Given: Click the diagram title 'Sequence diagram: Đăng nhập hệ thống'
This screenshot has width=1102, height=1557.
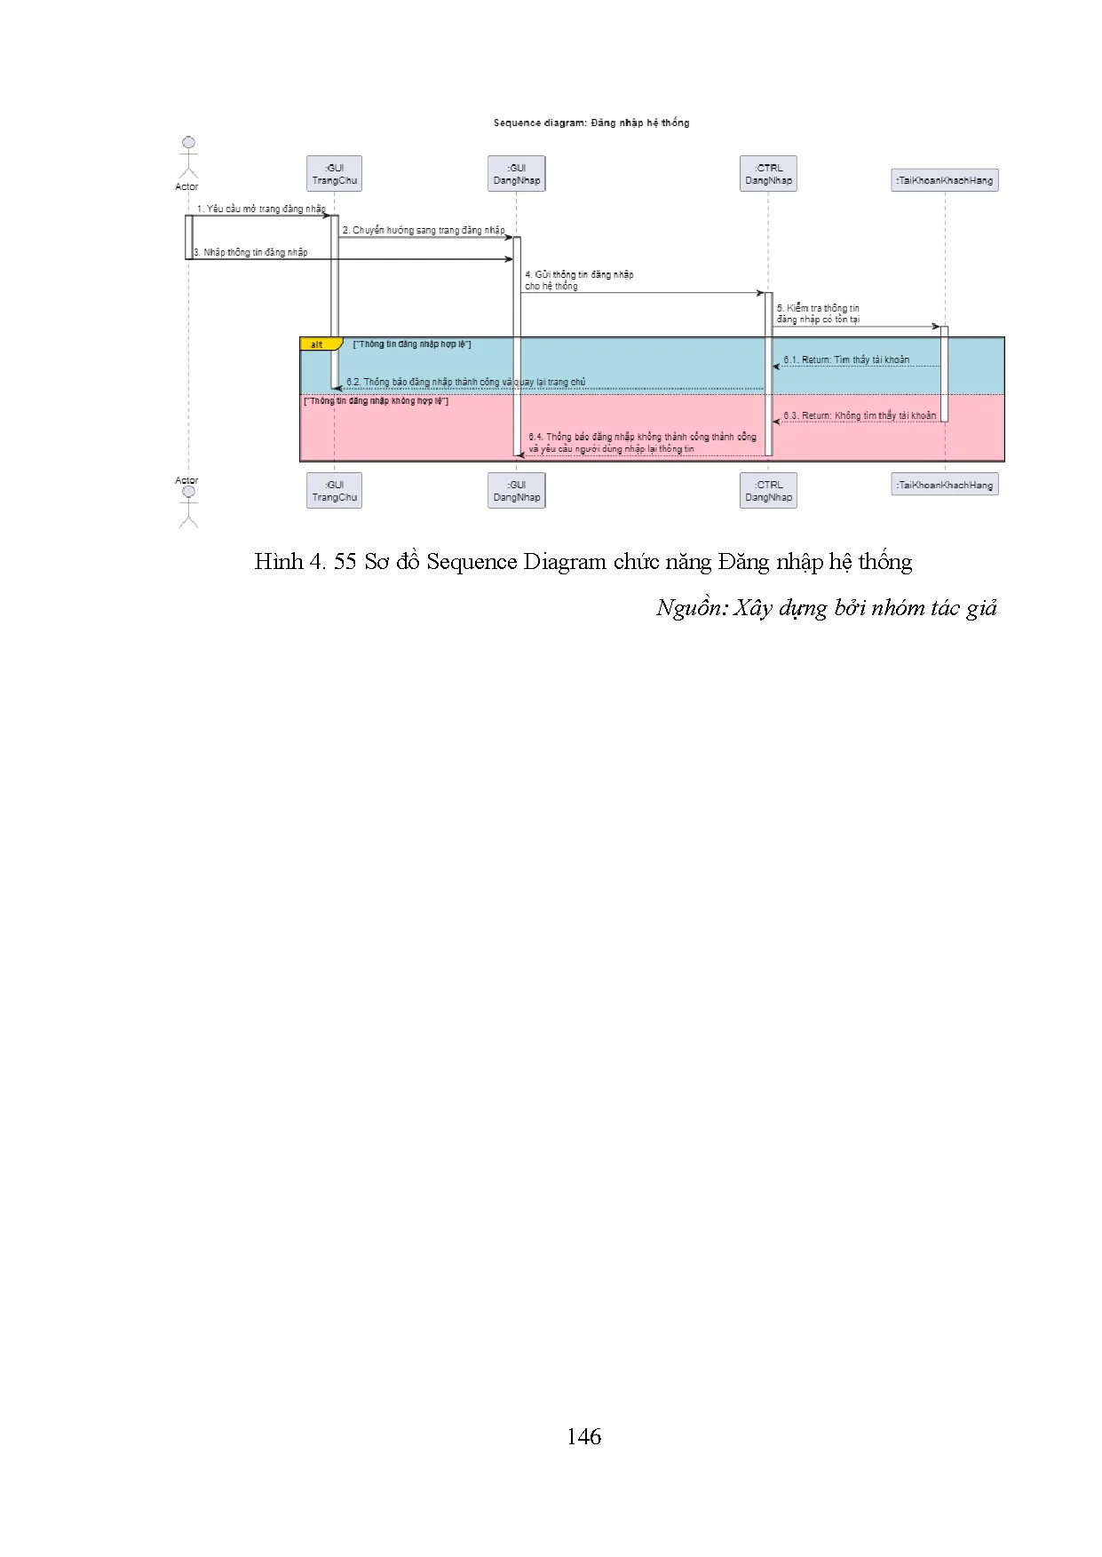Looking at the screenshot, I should (x=591, y=123).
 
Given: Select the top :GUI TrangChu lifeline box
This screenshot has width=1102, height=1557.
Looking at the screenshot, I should (x=335, y=174).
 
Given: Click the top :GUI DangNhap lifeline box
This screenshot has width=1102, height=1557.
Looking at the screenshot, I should (x=517, y=174).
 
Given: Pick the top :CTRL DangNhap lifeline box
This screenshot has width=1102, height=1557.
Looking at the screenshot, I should (x=768, y=174).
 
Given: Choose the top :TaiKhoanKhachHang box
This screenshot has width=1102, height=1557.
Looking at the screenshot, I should (x=945, y=180).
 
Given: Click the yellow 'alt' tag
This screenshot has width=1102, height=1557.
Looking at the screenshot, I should (x=318, y=344).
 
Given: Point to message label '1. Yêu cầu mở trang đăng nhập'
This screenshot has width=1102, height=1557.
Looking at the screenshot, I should (x=261, y=209).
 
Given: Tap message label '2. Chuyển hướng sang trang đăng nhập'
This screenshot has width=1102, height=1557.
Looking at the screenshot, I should (x=424, y=230).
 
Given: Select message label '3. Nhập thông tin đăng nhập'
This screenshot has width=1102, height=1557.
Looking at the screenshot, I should (x=251, y=252).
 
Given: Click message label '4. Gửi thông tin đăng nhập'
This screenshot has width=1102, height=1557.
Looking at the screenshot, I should (x=579, y=275).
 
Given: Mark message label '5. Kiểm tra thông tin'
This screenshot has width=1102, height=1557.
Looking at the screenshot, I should (x=818, y=308).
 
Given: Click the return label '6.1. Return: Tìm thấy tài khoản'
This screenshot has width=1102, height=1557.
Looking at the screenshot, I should (x=846, y=360).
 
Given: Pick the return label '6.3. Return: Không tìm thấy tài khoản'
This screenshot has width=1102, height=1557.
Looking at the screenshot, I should (x=860, y=415).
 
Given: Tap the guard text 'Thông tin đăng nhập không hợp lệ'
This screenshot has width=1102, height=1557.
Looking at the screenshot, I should (x=377, y=401).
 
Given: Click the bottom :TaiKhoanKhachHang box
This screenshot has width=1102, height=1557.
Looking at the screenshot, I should (x=945, y=485).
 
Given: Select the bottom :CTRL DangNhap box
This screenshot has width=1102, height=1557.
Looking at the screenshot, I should (x=768, y=491).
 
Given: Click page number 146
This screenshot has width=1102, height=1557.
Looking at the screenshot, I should (x=583, y=1436).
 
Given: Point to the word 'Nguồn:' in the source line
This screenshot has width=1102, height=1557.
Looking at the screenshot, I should (x=692, y=608).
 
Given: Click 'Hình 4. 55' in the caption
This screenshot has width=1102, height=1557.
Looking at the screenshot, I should (x=305, y=562).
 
